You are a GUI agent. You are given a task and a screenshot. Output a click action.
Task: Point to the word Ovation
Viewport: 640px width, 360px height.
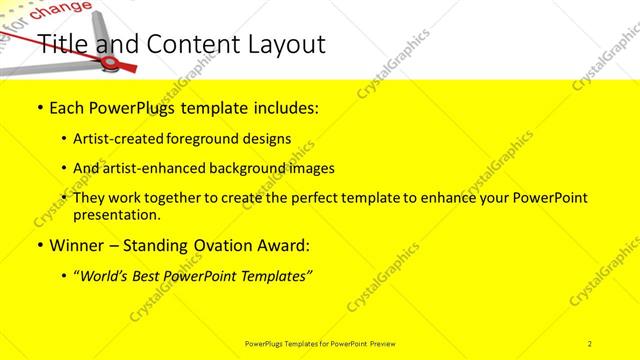(220, 245)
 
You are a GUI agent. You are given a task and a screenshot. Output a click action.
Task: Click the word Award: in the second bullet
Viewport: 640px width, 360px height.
(283, 245)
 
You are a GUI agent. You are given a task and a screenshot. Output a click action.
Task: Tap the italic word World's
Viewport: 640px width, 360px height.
(109, 275)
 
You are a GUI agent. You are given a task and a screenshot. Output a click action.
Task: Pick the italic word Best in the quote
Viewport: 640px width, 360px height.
(154, 275)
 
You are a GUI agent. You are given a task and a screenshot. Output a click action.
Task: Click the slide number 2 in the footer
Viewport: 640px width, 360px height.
(590, 343)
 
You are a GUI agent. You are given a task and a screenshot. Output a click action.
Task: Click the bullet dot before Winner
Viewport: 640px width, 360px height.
(39, 246)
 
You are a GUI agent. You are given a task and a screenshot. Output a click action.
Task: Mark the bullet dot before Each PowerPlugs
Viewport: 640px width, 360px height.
(39, 108)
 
